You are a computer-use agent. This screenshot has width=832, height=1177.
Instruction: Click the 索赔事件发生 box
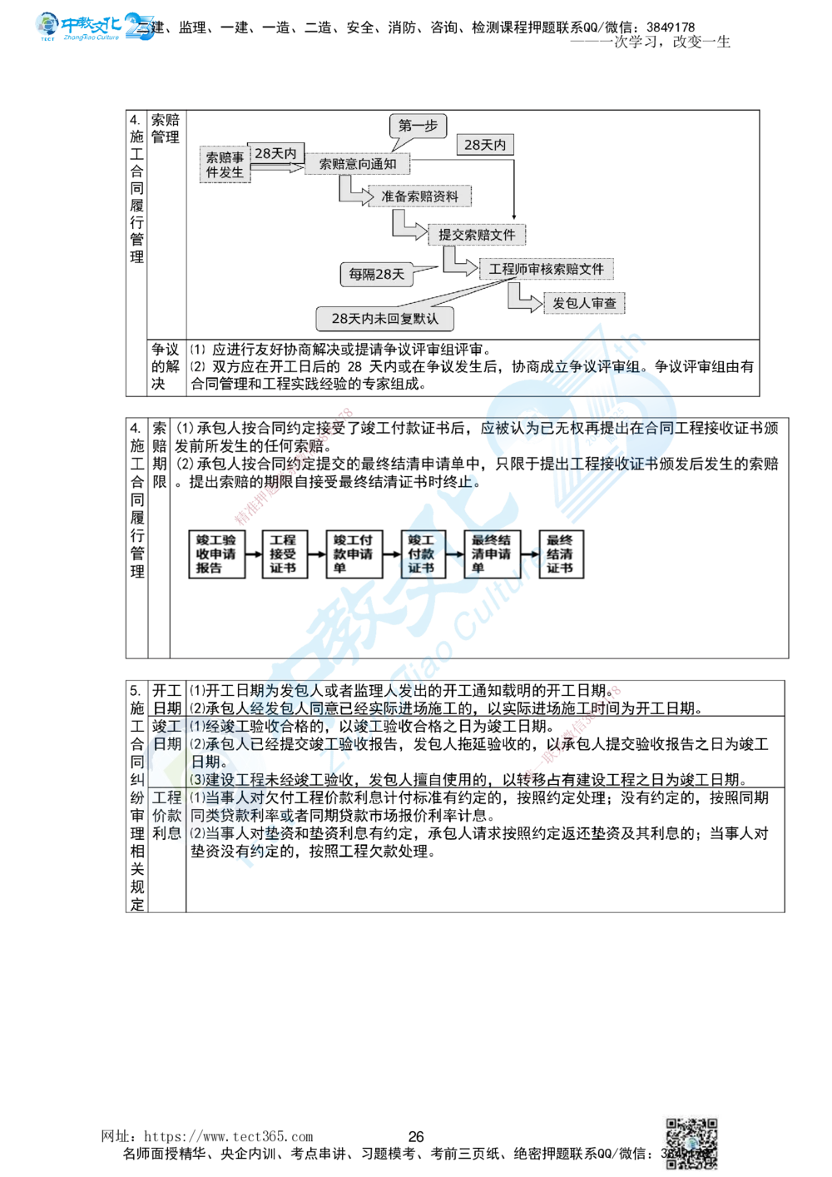click(225, 165)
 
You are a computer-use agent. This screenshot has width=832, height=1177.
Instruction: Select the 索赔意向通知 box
click(358, 164)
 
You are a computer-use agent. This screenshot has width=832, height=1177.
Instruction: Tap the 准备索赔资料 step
click(419, 196)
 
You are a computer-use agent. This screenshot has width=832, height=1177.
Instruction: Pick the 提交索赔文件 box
click(477, 235)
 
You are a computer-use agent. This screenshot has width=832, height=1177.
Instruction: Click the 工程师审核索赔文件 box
click(546, 269)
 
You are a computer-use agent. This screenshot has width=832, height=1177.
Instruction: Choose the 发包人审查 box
click(584, 304)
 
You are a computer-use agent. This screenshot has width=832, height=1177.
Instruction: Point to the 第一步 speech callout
click(417, 127)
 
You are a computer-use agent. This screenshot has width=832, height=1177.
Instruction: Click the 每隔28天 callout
click(376, 273)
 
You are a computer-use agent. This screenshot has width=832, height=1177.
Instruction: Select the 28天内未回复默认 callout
click(384, 318)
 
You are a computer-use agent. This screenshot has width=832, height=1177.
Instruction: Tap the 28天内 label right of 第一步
click(484, 145)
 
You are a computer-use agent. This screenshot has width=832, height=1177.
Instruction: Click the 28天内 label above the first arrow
click(275, 153)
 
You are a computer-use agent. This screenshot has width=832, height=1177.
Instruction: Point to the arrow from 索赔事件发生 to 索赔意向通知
click(275, 167)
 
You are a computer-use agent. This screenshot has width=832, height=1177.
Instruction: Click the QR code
click(692, 1142)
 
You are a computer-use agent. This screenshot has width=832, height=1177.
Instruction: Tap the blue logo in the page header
click(96, 27)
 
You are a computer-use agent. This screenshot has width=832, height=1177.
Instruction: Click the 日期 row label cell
click(166, 743)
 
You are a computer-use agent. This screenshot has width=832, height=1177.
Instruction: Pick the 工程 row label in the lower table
click(166, 797)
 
